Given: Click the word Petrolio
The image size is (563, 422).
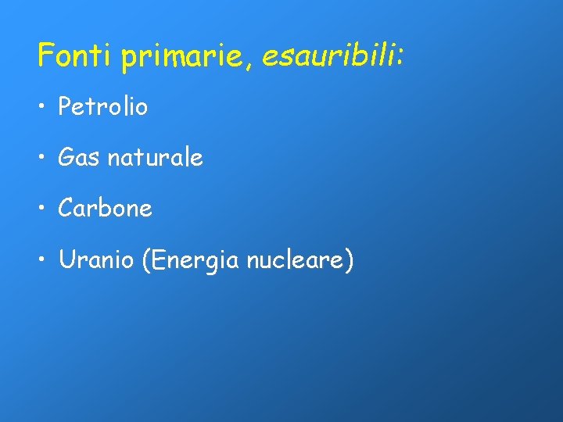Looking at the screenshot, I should pyautogui.click(x=102, y=107).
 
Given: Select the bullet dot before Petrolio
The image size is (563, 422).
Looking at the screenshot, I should pyautogui.click(x=42, y=108).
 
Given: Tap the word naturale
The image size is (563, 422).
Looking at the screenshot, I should pyautogui.click(x=155, y=158).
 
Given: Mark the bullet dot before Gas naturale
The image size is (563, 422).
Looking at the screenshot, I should pyautogui.click(x=42, y=159).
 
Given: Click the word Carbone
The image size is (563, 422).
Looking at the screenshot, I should pyautogui.click(x=105, y=209).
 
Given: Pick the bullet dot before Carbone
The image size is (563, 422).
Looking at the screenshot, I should pyautogui.click(x=42, y=209).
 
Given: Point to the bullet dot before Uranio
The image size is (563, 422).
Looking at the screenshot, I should pyautogui.click(x=42, y=260).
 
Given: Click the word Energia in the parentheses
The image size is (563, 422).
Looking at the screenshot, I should pyautogui.click(x=195, y=261).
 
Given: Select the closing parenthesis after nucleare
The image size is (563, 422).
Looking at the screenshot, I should pyautogui.click(x=349, y=260).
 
